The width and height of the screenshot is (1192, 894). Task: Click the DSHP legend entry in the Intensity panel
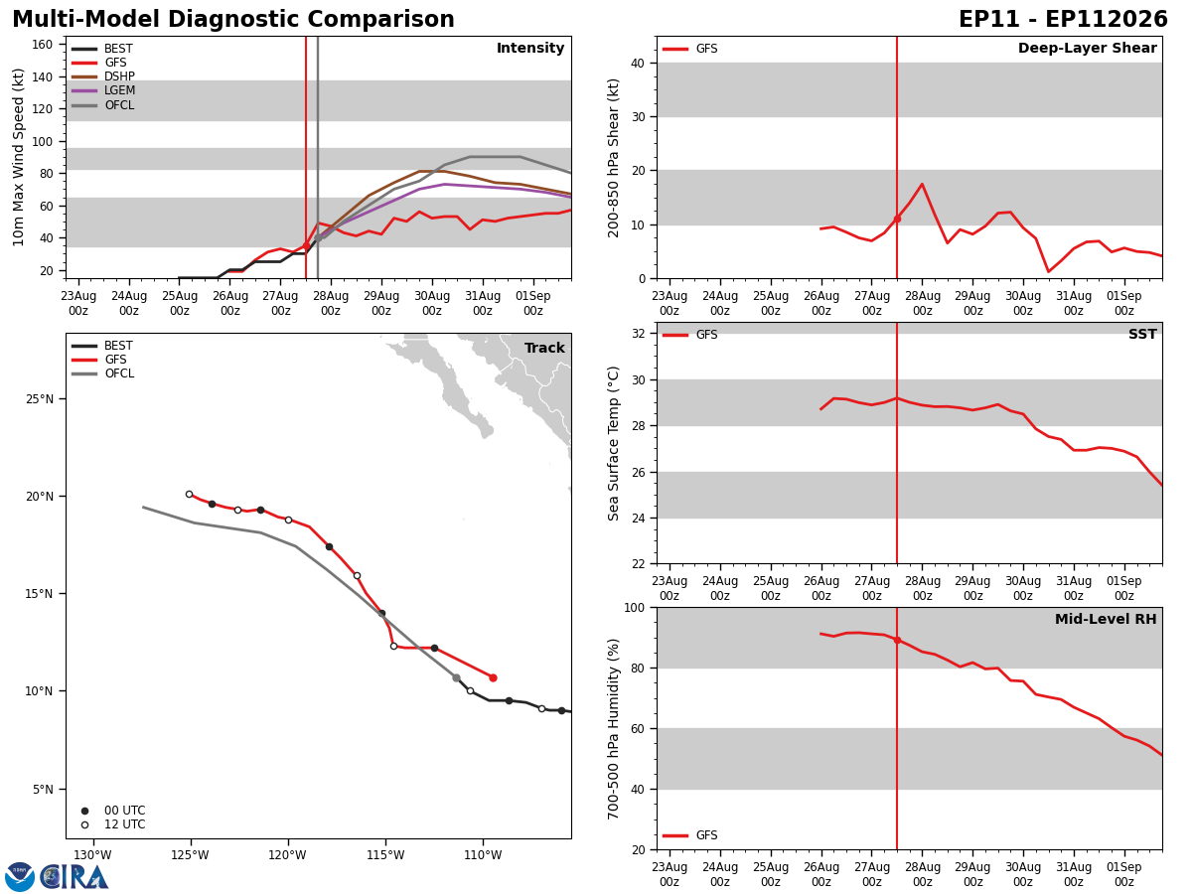103,76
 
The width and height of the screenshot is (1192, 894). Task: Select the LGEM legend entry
103,90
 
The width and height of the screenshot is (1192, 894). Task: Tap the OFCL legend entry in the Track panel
103,373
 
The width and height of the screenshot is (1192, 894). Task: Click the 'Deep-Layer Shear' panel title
1087,49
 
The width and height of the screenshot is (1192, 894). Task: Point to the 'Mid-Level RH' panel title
1106,619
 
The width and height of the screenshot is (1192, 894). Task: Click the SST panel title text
1142,334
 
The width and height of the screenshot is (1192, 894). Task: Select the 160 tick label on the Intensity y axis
43,45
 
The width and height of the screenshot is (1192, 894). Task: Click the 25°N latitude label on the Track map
40,399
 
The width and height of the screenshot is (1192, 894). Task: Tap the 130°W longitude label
92,855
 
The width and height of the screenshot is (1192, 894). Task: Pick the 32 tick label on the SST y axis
639,334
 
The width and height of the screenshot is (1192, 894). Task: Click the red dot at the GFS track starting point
493,678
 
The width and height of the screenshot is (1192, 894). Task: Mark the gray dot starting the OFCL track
456,678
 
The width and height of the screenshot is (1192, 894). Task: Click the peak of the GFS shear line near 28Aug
922,184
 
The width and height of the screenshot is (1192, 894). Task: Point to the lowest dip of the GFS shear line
1048,271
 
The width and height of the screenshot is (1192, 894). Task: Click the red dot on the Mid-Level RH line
897,641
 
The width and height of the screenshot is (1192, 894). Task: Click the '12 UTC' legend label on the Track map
125,824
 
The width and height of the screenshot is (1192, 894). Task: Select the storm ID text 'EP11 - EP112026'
1063,20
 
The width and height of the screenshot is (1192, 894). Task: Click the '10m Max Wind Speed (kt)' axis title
18,157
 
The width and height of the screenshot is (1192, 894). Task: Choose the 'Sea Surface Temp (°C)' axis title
613,443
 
